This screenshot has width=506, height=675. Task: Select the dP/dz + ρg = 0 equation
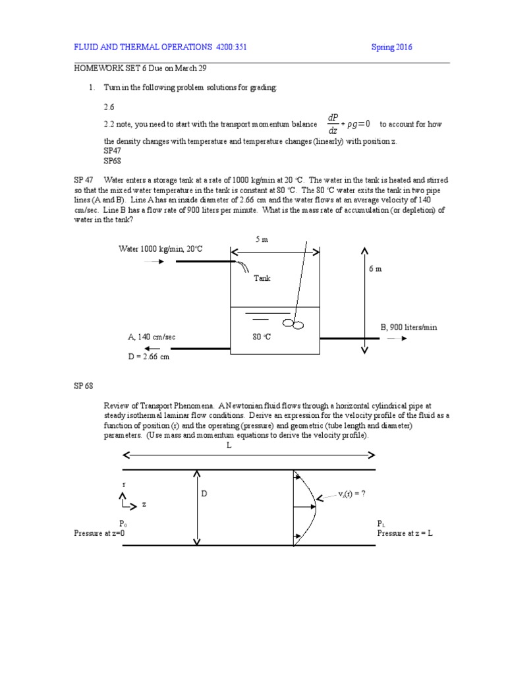pyautogui.click(x=349, y=123)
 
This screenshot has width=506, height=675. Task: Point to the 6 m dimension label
pyautogui.click(x=374, y=269)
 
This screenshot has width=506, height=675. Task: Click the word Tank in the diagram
pyautogui.click(x=262, y=278)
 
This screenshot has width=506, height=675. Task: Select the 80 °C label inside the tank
pyautogui.click(x=262, y=337)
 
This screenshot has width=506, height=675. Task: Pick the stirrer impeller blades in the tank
pyautogui.click(x=293, y=323)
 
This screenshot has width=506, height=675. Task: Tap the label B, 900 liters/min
pyautogui.click(x=408, y=327)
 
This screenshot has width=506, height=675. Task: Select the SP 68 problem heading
pyautogui.click(x=84, y=386)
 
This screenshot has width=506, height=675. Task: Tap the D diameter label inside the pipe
pyautogui.click(x=204, y=493)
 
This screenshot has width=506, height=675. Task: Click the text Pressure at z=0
pyautogui.click(x=99, y=533)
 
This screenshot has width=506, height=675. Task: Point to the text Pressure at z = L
pyautogui.click(x=405, y=533)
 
